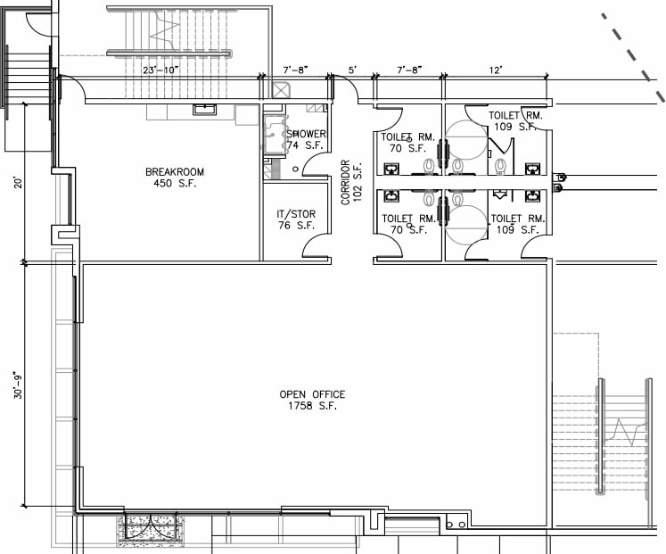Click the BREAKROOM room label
click(175, 171)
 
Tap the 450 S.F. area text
click(175, 185)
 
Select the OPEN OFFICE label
click(312, 394)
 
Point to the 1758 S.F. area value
click(312, 407)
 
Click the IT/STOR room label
click(295, 214)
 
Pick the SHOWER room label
click(306, 134)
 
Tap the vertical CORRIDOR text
click(346, 183)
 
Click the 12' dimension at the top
click(495, 70)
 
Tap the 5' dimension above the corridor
click(352, 70)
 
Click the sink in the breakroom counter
click(204, 109)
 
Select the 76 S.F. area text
click(295, 226)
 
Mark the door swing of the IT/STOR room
click(316, 245)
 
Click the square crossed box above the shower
click(282, 89)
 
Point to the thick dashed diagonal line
click(633, 54)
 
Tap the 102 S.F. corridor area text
click(358, 183)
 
